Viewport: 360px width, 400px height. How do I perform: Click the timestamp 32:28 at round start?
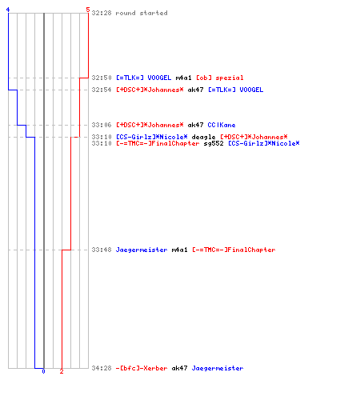(x=102, y=13)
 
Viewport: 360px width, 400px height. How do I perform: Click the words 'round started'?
(x=142, y=13)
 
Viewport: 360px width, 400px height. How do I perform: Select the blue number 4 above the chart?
(x=8, y=10)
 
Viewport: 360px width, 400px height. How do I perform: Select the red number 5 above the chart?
(x=88, y=10)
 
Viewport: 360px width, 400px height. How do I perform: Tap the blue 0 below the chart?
(x=43, y=371)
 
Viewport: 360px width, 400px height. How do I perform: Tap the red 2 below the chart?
(x=62, y=371)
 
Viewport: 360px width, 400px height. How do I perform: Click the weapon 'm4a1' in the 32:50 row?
(x=183, y=78)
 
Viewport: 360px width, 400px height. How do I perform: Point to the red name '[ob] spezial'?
(x=220, y=78)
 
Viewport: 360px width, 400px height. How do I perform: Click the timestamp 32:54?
(x=102, y=90)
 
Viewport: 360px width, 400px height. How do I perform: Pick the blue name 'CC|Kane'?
(x=222, y=125)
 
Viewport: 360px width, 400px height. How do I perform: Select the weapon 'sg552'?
(x=214, y=143)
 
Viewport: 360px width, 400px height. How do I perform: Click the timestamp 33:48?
(x=102, y=250)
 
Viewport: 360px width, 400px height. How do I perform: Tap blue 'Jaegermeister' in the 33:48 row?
(x=142, y=250)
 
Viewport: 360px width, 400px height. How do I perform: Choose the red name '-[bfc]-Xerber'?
(x=142, y=368)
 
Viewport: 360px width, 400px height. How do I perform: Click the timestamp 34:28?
(x=102, y=368)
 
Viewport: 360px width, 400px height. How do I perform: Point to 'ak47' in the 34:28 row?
(x=179, y=368)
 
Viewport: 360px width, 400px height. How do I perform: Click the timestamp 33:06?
(x=102, y=125)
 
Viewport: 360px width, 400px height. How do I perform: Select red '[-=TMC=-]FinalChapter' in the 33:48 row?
(x=234, y=250)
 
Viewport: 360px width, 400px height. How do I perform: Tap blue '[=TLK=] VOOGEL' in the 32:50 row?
(x=144, y=78)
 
